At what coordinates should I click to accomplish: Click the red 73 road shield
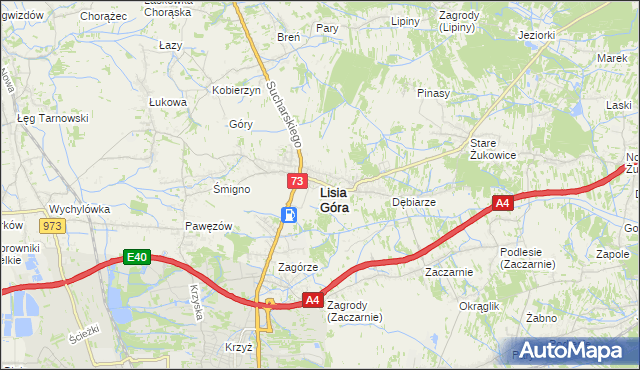pyautogui.click(x=297, y=181)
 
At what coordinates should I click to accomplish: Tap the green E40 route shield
pyautogui.click(x=137, y=257)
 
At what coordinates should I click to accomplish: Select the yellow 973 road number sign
pyautogui.click(x=53, y=226)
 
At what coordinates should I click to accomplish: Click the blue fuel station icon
pyautogui.click(x=289, y=215)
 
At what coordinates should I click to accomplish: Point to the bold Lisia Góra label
pyautogui.click(x=334, y=200)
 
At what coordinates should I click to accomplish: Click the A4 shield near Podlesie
pyautogui.click(x=503, y=204)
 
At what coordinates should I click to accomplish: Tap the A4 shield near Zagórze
pyautogui.click(x=312, y=299)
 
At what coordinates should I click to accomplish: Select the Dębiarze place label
pyautogui.click(x=413, y=201)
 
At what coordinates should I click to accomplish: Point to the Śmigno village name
pyautogui.click(x=231, y=188)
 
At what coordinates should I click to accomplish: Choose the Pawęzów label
pyautogui.click(x=208, y=226)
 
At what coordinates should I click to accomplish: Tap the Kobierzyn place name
pyautogui.click(x=236, y=90)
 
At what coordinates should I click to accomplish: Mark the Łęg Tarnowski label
pyautogui.click(x=53, y=117)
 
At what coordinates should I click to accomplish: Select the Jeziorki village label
pyautogui.click(x=536, y=35)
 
